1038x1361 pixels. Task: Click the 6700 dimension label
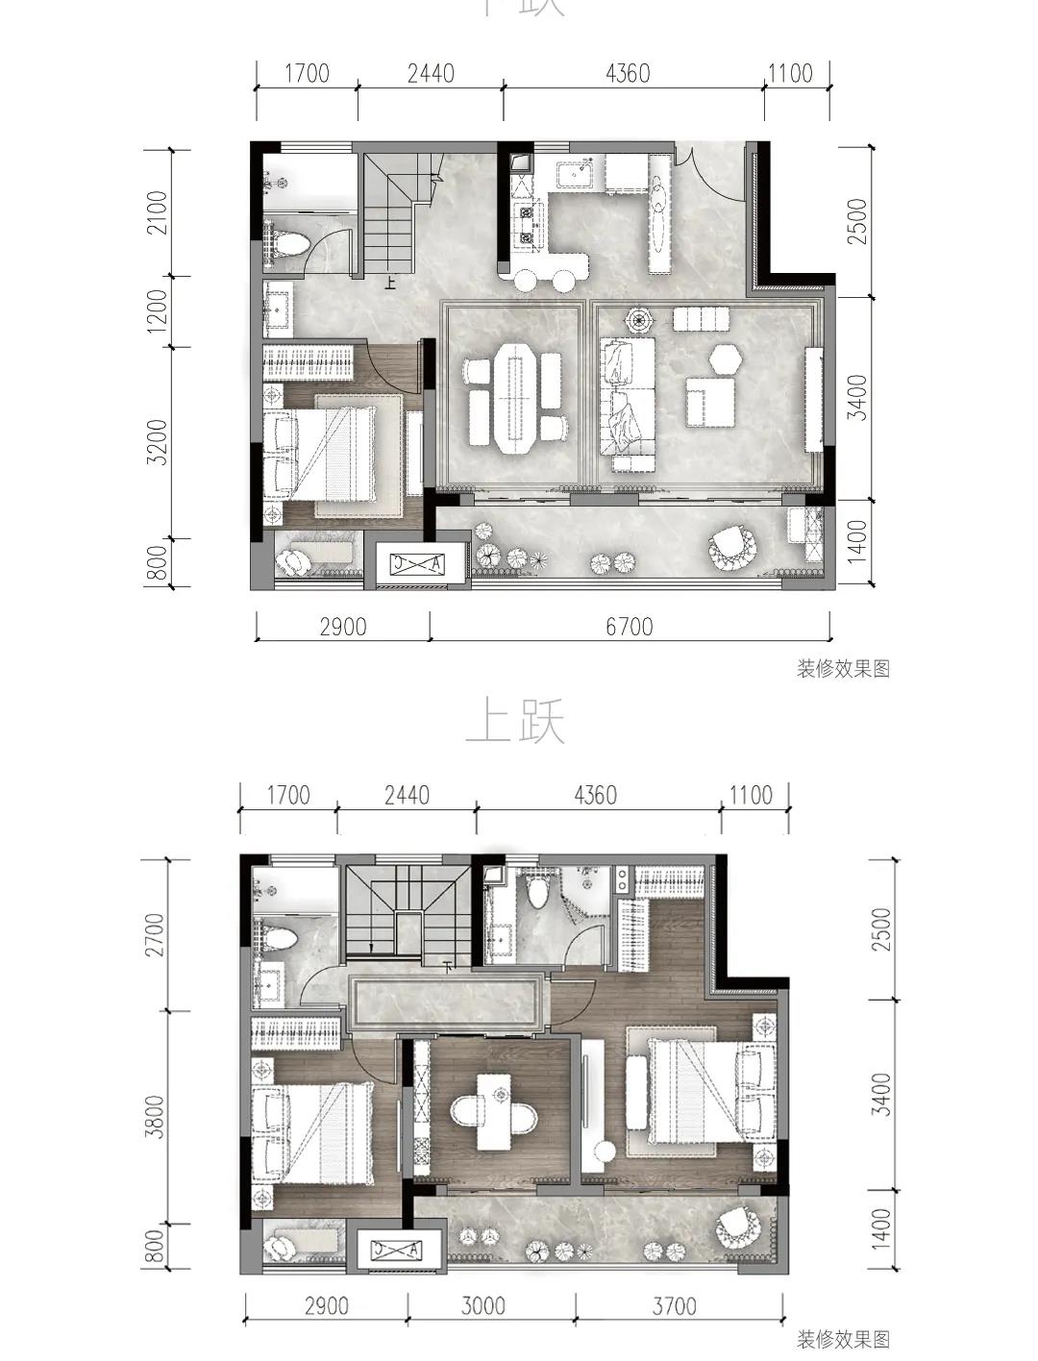pyautogui.click(x=629, y=627)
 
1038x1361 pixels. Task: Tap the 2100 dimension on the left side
pyautogui.click(x=158, y=212)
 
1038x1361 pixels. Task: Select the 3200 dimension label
pyautogui.click(x=158, y=442)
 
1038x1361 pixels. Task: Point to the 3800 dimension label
pyautogui.click(x=154, y=1118)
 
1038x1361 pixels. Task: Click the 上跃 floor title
pyautogui.click(x=516, y=723)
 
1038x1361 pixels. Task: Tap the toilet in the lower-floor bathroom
pyautogui.click(x=289, y=242)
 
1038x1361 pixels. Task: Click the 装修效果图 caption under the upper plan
pyautogui.click(x=843, y=1339)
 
